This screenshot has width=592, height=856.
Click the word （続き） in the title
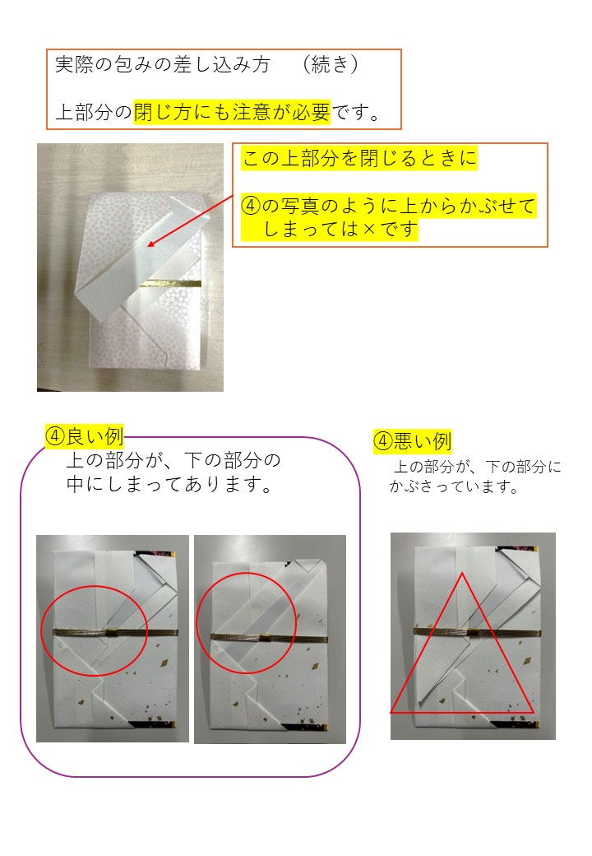tap(331, 64)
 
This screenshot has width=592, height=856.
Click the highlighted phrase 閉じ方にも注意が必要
tap(232, 112)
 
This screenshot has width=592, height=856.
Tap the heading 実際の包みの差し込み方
tap(163, 64)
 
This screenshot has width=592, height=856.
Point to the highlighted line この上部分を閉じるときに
tap(359, 158)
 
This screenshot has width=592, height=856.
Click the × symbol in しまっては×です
tap(369, 229)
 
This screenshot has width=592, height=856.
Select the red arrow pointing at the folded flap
tap(190, 221)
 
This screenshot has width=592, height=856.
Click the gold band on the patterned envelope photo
tap(170, 283)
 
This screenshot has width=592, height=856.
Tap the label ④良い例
tap(85, 436)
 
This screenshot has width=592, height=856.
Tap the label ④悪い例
tap(413, 440)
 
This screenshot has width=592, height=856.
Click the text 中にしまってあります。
tap(169, 484)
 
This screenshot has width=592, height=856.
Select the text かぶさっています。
tap(454, 486)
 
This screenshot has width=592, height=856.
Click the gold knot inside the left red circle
tap(113, 632)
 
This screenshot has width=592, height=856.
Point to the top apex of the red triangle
tap(462, 573)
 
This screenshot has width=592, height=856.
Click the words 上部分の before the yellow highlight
tap(94, 112)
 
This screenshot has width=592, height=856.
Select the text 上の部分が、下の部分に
tap(477, 467)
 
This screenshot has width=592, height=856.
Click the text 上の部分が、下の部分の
tap(173, 460)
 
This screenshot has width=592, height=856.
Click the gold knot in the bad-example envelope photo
tap(473, 632)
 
